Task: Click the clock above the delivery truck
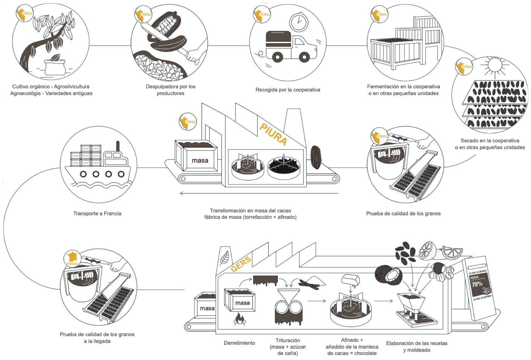click(x=299, y=22)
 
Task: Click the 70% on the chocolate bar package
click(x=477, y=283)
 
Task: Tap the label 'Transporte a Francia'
click(x=97, y=213)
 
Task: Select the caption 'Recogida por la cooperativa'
click(x=288, y=90)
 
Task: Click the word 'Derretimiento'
click(x=239, y=343)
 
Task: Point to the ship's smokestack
click(x=118, y=146)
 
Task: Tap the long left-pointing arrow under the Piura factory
click(x=259, y=193)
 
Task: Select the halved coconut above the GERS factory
click(x=389, y=274)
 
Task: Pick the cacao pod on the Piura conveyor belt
click(x=316, y=157)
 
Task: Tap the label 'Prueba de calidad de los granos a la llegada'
click(x=97, y=337)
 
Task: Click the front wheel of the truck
click(x=304, y=57)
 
